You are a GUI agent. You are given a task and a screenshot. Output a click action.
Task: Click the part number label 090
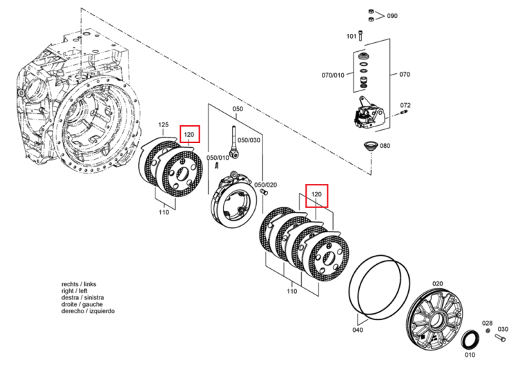coord(392,16)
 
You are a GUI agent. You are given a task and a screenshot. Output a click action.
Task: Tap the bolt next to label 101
coord(361,35)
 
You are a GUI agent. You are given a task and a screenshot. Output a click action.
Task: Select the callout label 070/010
coord(333,75)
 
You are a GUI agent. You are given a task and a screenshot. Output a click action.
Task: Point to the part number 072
coord(405,105)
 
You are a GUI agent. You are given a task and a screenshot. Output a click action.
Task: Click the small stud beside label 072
coord(403,113)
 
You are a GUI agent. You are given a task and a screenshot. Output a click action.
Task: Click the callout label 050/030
coord(249,140)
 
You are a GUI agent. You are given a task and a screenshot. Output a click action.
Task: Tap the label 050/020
coord(266,185)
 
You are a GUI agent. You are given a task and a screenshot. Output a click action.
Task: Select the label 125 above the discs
coord(163,124)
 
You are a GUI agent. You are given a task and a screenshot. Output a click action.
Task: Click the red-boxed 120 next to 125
coord(189,134)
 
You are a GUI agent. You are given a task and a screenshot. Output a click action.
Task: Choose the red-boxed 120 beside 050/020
coord(316,194)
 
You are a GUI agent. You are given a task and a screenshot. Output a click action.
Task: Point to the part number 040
coord(358,330)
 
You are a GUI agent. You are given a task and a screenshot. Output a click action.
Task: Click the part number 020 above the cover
coord(437,283)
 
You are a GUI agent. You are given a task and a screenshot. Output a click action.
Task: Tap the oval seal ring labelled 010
coord(470,340)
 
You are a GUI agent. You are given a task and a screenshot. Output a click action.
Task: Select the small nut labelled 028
coord(488,331)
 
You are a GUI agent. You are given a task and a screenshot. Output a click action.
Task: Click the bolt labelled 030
coord(500,338)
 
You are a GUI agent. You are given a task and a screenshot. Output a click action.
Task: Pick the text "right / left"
coord(75,291)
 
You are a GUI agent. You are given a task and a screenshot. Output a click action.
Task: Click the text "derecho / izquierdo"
coord(88,311)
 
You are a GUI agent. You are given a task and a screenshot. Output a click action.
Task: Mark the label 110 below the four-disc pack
coord(291,291)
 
